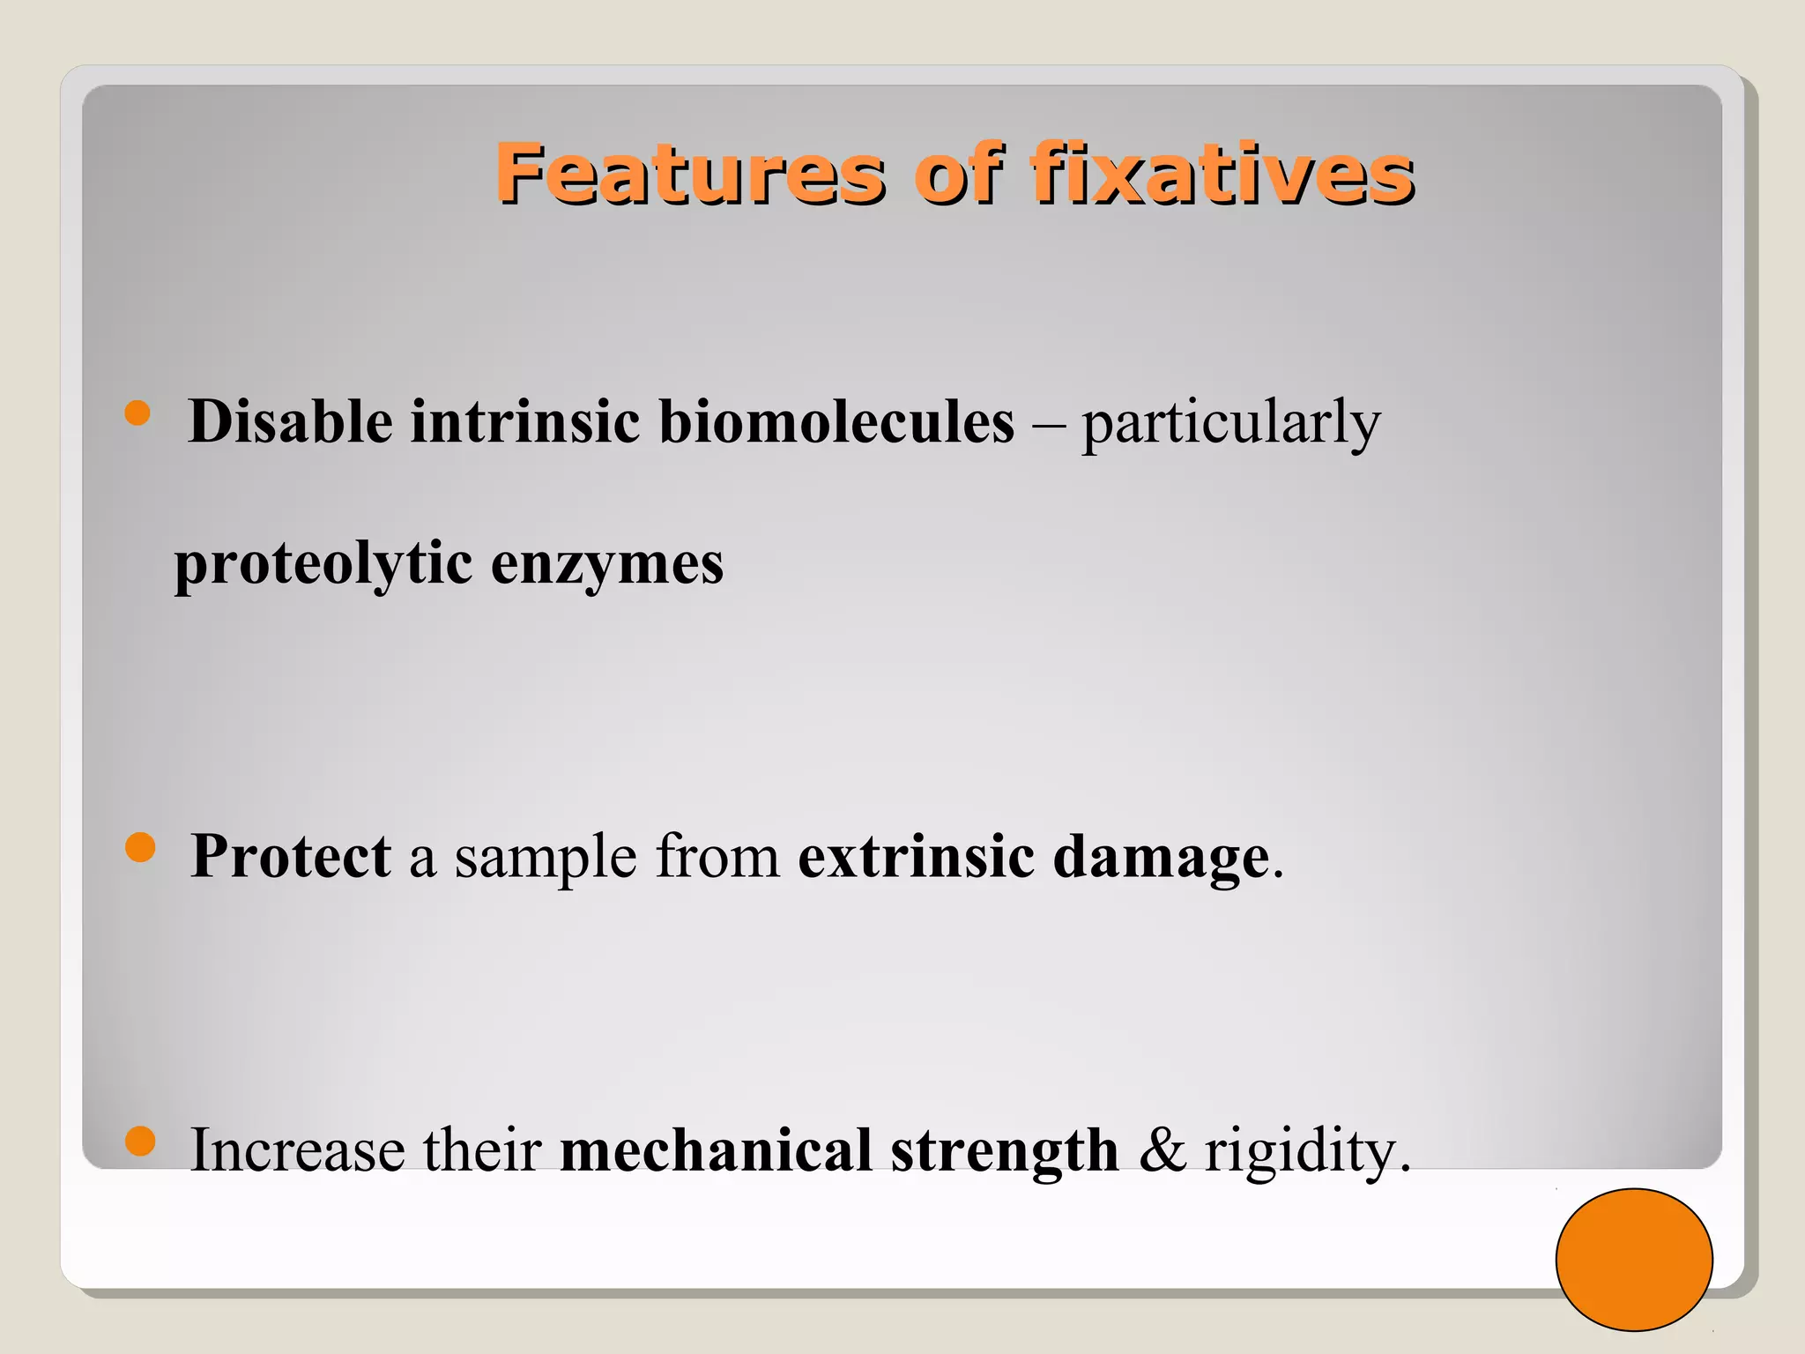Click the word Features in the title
point(689,174)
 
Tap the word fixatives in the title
point(1222,174)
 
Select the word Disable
point(290,421)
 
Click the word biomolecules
point(836,421)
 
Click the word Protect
point(290,856)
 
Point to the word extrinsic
point(916,856)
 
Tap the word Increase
point(298,1150)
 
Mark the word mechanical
point(716,1150)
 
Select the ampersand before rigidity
point(1162,1150)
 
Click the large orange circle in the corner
point(1633,1259)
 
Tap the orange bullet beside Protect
point(140,848)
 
